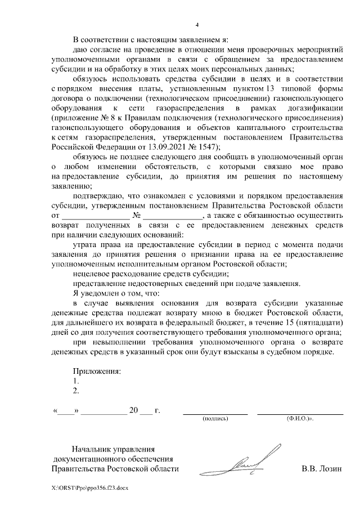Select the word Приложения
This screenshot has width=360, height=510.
point(97,371)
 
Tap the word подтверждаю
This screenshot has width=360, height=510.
point(98,195)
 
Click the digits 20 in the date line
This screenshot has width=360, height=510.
point(133,410)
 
